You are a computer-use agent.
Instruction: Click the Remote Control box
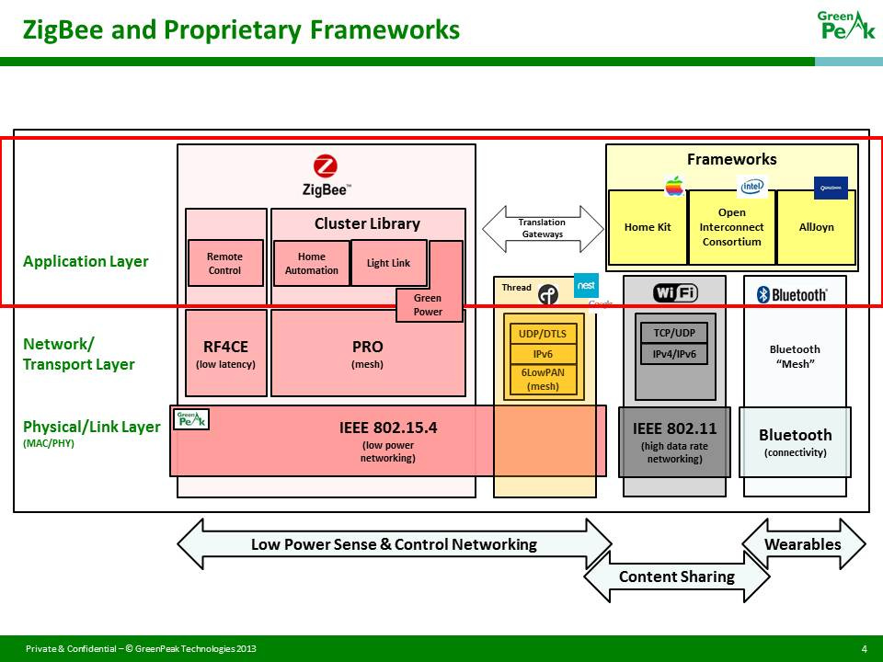coord(224,264)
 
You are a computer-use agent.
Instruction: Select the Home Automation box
coord(311,264)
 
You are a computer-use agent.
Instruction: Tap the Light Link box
coord(389,263)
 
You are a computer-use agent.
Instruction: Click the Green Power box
coord(428,304)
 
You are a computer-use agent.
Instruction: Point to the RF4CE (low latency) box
coord(225,353)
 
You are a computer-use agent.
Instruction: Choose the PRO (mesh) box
coord(367,353)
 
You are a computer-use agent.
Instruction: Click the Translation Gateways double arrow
coord(542,229)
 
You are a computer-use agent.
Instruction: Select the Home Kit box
coord(648,227)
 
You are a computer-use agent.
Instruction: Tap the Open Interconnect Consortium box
coord(731,227)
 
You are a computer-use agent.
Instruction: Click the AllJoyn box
coord(816,227)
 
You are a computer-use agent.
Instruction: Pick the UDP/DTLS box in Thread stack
coord(543,334)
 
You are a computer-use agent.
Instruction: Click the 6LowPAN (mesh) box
coord(543,379)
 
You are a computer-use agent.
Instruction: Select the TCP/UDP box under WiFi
coord(673,334)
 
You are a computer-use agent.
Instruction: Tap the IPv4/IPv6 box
coord(673,354)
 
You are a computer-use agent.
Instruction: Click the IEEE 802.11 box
coord(674,441)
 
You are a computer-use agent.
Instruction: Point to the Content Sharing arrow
coord(676,577)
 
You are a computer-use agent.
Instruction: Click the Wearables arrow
coord(803,544)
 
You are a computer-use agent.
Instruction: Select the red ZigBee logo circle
coord(326,166)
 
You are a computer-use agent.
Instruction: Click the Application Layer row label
coord(86,261)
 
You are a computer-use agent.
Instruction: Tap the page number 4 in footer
coord(864,649)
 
